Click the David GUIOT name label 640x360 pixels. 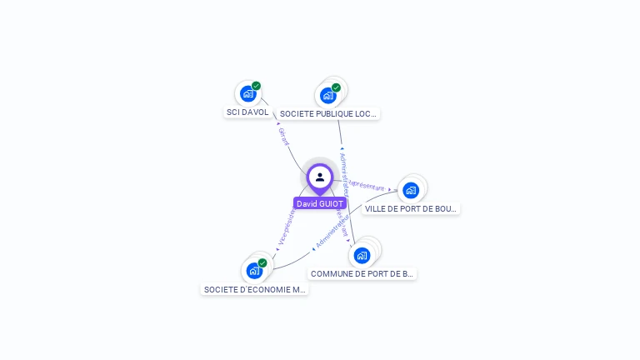point(319,203)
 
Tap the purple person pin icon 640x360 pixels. point(320,177)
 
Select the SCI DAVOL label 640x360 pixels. point(247,112)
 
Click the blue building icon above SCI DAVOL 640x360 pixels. point(247,94)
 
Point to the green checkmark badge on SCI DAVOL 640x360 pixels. point(256,86)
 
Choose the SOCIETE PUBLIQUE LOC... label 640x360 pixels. point(328,113)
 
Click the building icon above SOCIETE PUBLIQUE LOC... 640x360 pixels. point(328,96)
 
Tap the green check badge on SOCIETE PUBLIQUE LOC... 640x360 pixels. point(336,87)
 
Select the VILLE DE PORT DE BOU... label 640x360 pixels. point(411,208)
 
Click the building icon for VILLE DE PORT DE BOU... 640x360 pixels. point(410,190)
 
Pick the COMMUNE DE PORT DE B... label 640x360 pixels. point(362,273)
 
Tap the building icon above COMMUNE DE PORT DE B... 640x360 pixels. point(361,255)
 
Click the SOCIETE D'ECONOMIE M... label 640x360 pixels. point(255,290)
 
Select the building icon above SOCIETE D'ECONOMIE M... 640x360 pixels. point(254,271)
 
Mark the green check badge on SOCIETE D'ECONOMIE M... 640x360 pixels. point(262,263)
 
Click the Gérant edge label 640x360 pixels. point(283,136)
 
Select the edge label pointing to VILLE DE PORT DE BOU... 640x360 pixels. point(367,185)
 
